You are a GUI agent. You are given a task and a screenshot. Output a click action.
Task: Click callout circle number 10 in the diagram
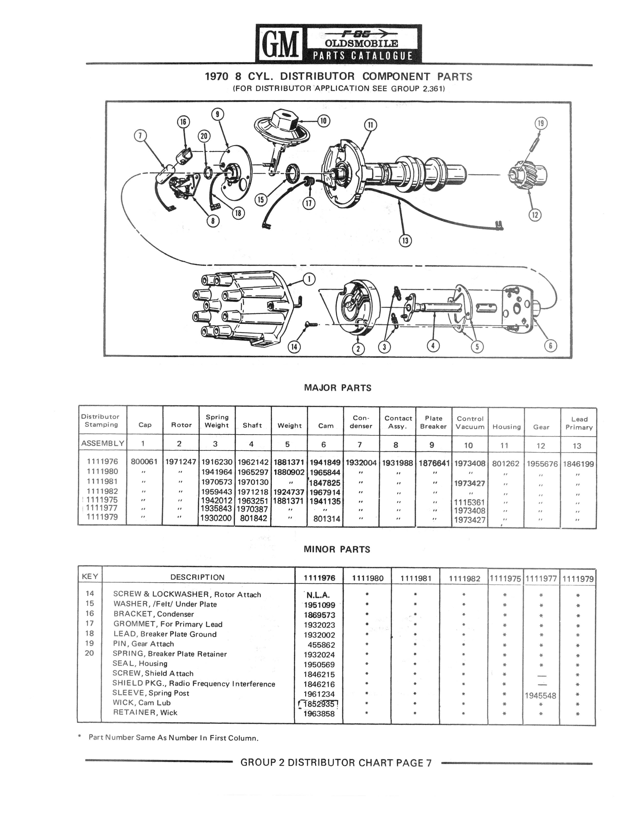click(x=324, y=121)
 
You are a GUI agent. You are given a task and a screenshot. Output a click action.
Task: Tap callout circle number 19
click(x=540, y=123)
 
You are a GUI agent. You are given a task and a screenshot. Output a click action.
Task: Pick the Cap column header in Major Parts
click(x=145, y=425)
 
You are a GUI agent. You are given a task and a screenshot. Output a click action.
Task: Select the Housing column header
click(x=506, y=427)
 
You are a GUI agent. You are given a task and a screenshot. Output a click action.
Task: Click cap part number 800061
click(x=144, y=462)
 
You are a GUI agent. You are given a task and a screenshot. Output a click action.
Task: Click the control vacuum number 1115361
click(x=469, y=503)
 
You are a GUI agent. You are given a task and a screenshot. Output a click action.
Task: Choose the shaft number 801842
click(x=253, y=518)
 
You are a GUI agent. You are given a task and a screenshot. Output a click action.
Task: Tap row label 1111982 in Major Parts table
click(x=102, y=491)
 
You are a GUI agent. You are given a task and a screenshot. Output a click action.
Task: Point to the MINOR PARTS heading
click(x=337, y=550)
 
